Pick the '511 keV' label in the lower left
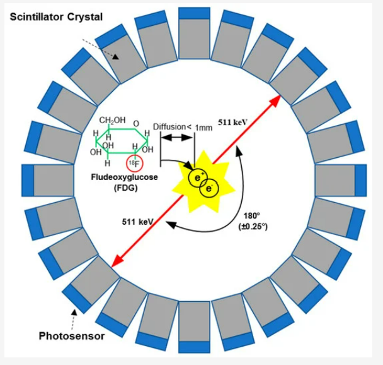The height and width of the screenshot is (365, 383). pyautogui.click(x=135, y=221)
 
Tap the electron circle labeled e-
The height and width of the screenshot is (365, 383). pyautogui.click(x=209, y=188)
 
